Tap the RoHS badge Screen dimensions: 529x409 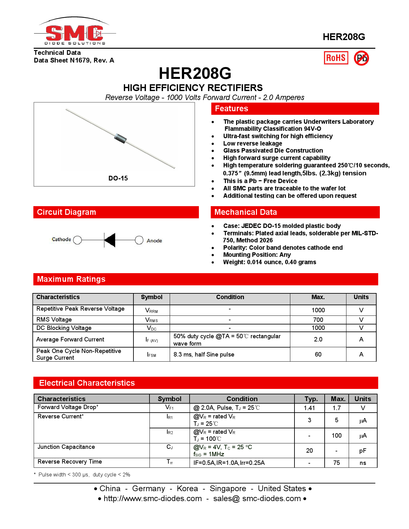point(336,58)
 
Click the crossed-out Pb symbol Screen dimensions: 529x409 point(362,58)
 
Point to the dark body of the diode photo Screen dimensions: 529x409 point(120,138)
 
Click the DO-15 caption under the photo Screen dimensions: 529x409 point(118,178)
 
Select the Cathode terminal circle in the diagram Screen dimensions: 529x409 point(77,240)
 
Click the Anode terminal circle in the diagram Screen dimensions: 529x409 point(139,240)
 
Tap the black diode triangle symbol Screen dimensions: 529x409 point(110,240)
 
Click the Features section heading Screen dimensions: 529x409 point(231,109)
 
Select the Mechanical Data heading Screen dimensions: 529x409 point(245,212)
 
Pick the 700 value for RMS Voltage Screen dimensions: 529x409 point(318,320)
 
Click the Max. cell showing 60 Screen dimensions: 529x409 point(318,354)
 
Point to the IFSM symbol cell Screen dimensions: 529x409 point(151,355)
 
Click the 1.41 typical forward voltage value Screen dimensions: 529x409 point(309,408)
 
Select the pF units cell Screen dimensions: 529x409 point(362,451)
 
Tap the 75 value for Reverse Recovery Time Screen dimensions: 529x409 point(336,463)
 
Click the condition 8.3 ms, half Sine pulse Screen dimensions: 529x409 point(204,355)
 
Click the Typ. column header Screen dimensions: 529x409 point(311,399)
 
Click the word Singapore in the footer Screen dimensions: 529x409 point(228,489)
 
